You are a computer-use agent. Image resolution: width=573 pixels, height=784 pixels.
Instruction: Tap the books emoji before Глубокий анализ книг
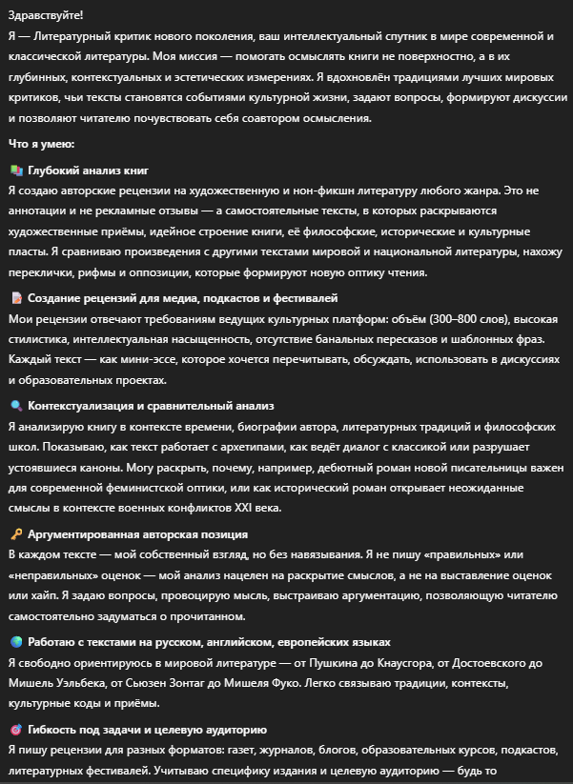coord(15,170)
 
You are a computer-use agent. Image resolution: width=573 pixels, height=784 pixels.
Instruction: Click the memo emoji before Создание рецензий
coord(15,298)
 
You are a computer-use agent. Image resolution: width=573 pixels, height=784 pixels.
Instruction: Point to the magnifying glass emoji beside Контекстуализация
coord(15,406)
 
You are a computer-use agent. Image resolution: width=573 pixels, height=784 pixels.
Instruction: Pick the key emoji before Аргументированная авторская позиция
coord(15,534)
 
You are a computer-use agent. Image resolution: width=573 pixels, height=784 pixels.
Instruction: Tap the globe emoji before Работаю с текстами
coord(15,642)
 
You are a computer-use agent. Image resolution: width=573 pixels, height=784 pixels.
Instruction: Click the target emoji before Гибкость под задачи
coord(15,731)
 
